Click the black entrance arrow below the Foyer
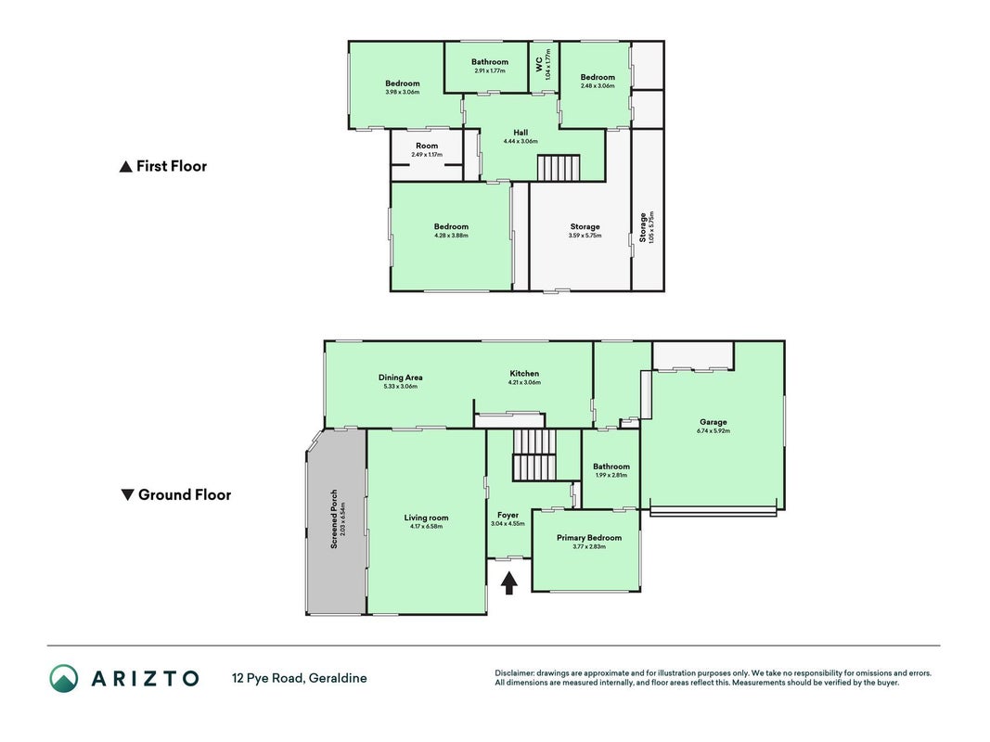click(508, 582)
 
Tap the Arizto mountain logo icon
click(64, 678)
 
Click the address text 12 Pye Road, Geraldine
click(300, 678)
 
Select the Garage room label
click(713, 422)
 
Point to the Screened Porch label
click(334, 518)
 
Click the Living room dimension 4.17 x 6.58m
click(426, 526)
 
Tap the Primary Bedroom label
click(589, 538)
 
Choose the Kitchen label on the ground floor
click(524, 374)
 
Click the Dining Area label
click(400, 377)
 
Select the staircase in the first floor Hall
click(559, 168)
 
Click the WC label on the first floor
click(538, 64)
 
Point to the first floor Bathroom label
click(489, 62)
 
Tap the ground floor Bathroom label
click(611, 467)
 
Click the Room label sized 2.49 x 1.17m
click(427, 146)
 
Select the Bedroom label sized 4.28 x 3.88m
click(451, 226)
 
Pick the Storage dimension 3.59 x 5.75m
click(585, 236)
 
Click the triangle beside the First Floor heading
click(125, 167)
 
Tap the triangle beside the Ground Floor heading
click(127, 494)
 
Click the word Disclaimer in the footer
click(515, 673)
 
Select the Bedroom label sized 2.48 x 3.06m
click(598, 77)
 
